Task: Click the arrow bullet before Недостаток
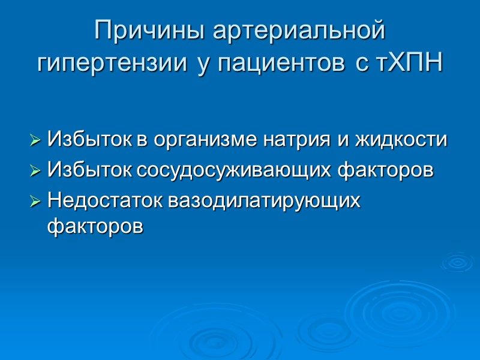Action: click(35, 201)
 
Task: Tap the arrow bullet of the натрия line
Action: click(35, 142)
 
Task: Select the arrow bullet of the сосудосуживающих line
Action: click(35, 172)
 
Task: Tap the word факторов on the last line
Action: click(95, 227)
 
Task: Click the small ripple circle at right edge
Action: click(459, 262)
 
